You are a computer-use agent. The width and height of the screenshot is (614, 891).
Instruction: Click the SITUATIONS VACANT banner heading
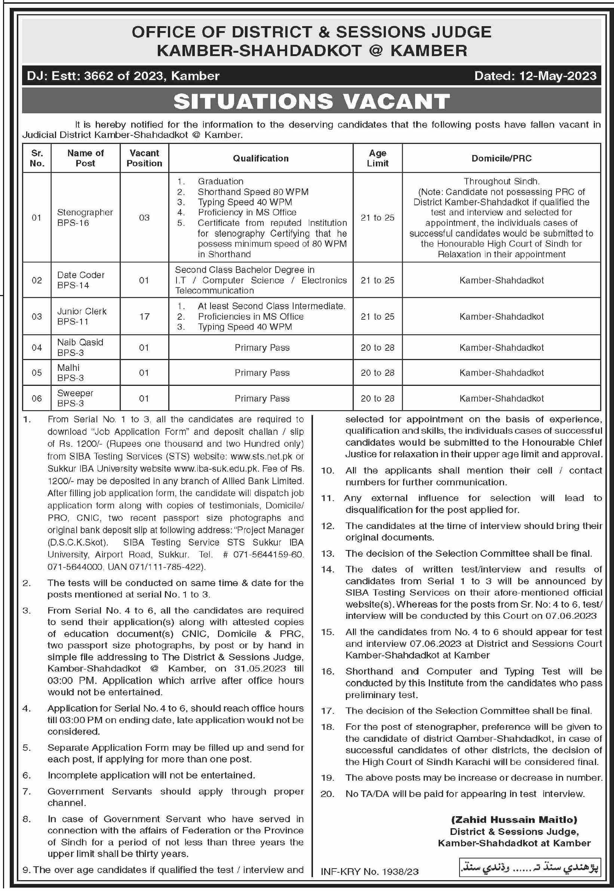coord(311,101)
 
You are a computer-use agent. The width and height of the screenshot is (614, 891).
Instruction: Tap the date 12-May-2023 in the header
coord(558,76)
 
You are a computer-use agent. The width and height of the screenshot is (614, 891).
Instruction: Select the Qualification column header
coord(261,158)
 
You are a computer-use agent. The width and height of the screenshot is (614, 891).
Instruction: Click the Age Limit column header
coord(377,158)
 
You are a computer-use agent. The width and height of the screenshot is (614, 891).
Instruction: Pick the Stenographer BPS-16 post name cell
coord(85,217)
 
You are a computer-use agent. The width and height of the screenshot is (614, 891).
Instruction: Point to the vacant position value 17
coord(144,316)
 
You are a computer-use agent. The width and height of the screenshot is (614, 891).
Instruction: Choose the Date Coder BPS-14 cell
coord(81,280)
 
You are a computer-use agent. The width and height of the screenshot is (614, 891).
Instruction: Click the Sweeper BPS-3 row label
coord(76,398)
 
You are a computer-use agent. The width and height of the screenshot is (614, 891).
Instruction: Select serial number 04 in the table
coord(37,347)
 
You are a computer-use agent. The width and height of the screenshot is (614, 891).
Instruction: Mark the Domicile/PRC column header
coord(501,158)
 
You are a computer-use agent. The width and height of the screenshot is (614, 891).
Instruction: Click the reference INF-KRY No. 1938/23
coord(370,872)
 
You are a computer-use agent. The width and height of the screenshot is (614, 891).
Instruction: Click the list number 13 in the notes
coord(328,554)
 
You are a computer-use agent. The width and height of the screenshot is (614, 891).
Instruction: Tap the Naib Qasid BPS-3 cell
coord(80,347)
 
